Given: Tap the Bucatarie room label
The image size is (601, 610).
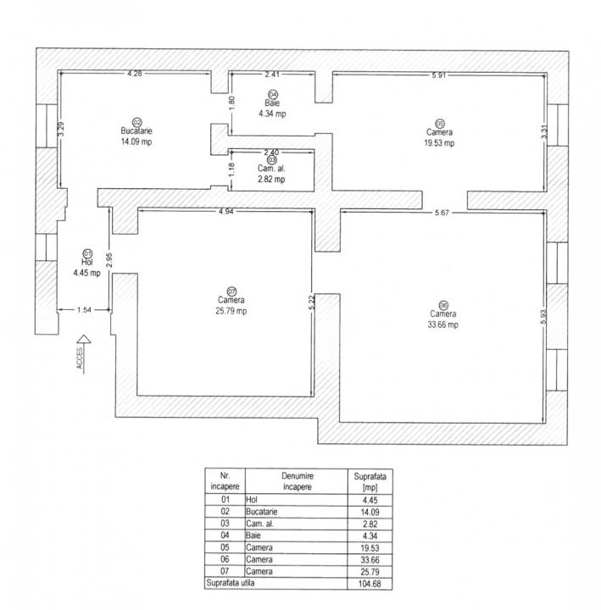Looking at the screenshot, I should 136,131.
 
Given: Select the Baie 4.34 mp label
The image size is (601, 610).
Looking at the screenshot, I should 273,107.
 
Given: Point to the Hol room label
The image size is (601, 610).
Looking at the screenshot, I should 86,263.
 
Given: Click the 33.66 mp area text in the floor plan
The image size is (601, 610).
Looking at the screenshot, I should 442,324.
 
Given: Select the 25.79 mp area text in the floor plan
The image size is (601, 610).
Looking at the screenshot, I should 231,311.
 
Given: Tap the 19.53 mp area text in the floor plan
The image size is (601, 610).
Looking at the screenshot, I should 439,143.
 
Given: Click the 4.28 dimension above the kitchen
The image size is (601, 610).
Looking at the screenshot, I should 134,75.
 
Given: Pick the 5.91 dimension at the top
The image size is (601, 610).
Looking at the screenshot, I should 438,75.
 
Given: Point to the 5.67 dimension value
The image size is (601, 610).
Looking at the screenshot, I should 440,212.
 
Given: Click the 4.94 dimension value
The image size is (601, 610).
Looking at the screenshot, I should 225,211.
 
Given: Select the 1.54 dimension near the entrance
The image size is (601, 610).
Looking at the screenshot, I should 84,311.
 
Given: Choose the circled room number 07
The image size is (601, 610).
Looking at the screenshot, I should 231,291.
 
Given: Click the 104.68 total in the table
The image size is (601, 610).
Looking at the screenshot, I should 370,584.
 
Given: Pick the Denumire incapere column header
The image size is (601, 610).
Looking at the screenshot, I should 297,480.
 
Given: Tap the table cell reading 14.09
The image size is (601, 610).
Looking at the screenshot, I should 370,512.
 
